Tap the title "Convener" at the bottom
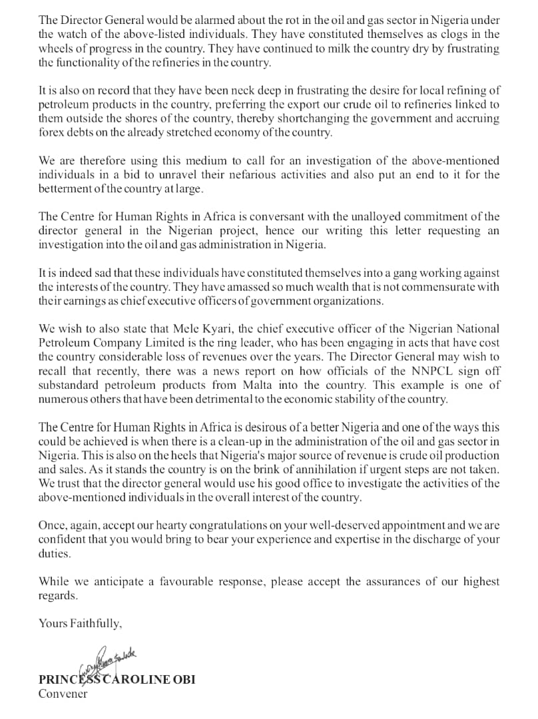63,694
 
